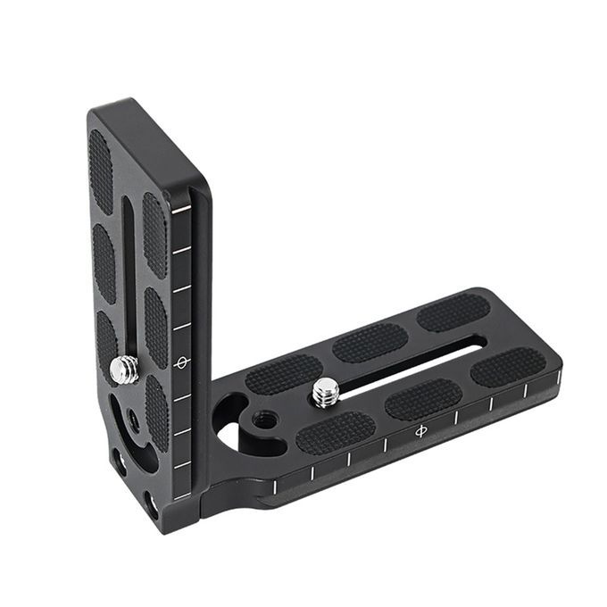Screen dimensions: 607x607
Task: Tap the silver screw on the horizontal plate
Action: point(327,391)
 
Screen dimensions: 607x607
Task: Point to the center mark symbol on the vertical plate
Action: point(182,362)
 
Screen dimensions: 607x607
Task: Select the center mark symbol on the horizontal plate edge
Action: point(420,431)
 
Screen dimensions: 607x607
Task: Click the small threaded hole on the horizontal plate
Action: point(263,418)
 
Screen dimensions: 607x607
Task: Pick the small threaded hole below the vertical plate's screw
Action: point(133,416)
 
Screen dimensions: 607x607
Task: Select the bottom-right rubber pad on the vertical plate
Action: point(157,411)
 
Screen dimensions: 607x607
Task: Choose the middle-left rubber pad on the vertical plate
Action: point(104,262)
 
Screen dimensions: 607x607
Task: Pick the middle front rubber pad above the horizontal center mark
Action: point(423,399)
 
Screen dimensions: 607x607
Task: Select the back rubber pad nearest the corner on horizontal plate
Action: point(284,375)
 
